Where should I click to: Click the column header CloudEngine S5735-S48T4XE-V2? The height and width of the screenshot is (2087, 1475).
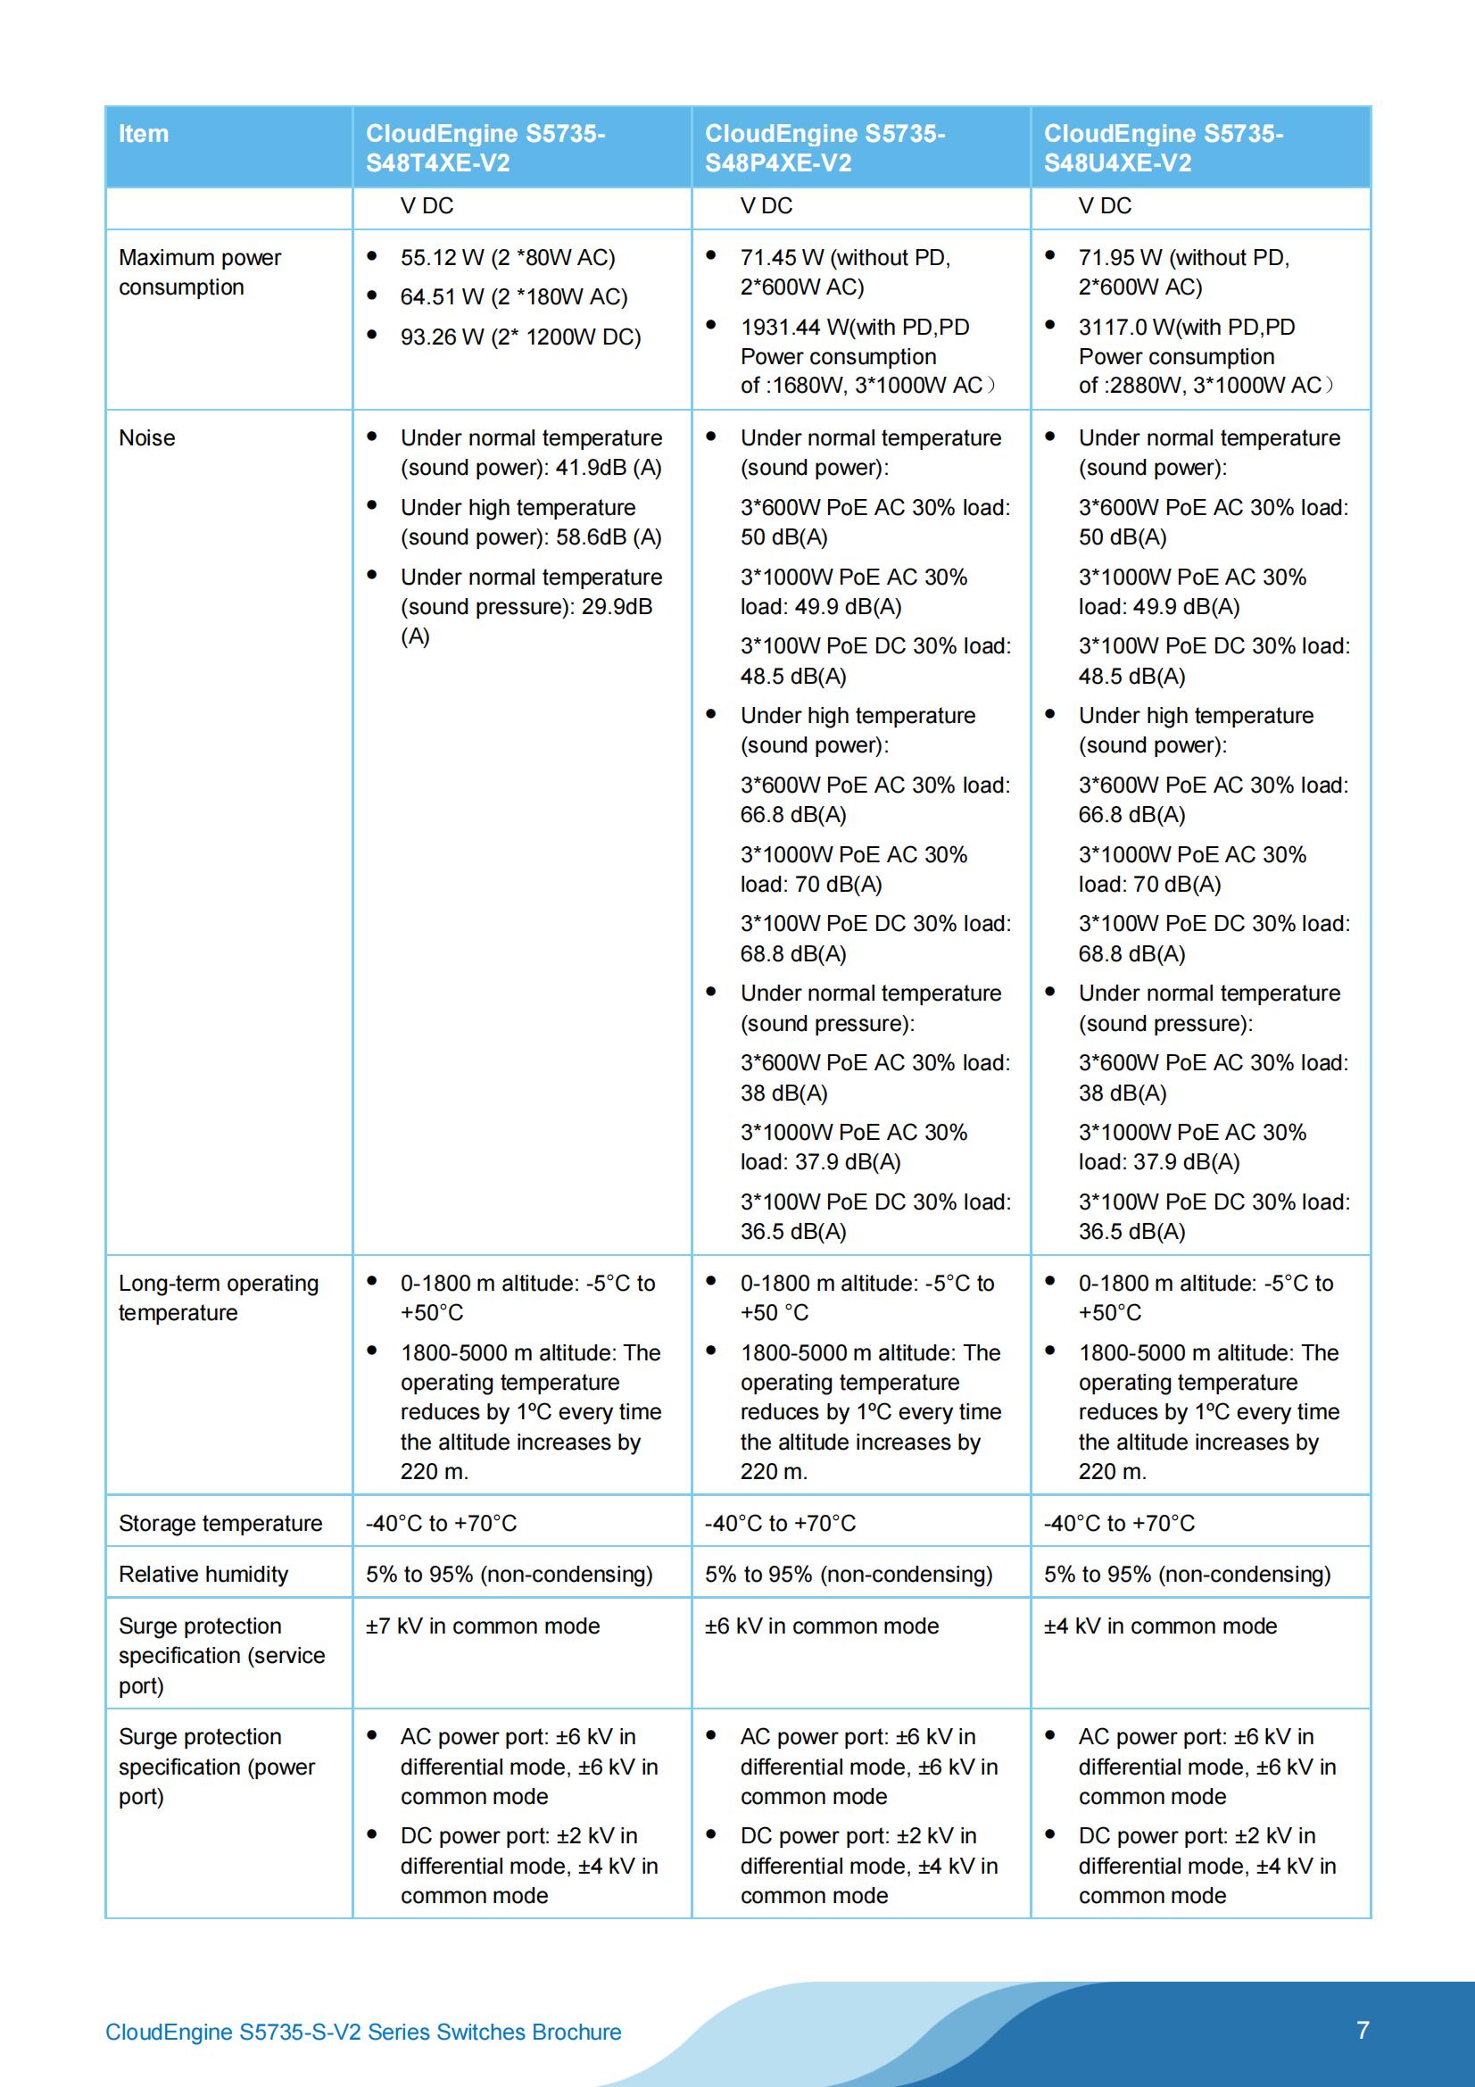click(x=485, y=148)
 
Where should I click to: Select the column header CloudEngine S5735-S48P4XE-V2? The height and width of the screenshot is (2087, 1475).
click(x=825, y=148)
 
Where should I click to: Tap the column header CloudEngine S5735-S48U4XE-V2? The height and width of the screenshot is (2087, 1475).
click(x=1164, y=148)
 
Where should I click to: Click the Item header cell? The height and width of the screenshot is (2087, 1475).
click(x=144, y=134)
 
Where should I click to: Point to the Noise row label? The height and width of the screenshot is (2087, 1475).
click(x=147, y=438)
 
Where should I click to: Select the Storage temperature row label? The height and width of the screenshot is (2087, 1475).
click(x=220, y=1524)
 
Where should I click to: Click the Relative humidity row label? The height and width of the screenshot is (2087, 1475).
click(x=203, y=1575)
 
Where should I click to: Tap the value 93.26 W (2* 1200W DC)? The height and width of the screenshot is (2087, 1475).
click(x=521, y=337)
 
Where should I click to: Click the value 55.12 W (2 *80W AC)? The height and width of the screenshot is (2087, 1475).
click(x=508, y=258)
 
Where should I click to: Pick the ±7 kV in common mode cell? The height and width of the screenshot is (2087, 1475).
click(x=483, y=1626)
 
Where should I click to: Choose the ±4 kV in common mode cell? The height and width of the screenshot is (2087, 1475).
click(x=1161, y=1626)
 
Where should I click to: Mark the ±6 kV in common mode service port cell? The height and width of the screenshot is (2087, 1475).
click(x=822, y=1626)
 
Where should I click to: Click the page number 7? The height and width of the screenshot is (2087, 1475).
click(x=1363, y=2031)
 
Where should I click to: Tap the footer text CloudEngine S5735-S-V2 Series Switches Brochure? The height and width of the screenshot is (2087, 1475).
click(x=363, y=2033)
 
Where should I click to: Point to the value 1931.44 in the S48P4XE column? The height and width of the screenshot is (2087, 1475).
click(x=779, y=328)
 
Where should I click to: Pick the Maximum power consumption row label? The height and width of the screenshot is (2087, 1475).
click(x=200, y=271)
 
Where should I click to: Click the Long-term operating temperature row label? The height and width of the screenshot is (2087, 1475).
click(x=218, y=1298)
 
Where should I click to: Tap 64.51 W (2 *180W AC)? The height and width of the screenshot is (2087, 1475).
click(x=514, y=297)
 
